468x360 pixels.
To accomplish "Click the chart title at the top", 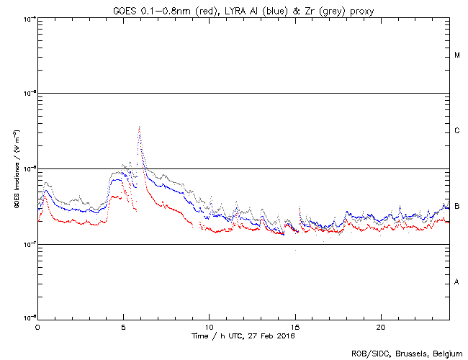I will (243, 9).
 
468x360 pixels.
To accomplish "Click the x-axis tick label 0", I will (37, 327).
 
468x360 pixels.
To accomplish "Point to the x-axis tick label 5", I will (123, 327).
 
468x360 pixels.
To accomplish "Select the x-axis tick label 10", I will (209, 327).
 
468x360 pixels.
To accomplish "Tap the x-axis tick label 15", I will (294, 327).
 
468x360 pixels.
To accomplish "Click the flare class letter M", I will (457, 55).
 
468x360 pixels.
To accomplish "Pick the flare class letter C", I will (457, 131).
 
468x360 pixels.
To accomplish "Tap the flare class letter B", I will (457, 206).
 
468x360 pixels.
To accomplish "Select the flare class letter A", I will (457, 282).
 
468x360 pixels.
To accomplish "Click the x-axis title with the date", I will (243, 336).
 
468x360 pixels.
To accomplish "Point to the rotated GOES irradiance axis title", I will (16, 168).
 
